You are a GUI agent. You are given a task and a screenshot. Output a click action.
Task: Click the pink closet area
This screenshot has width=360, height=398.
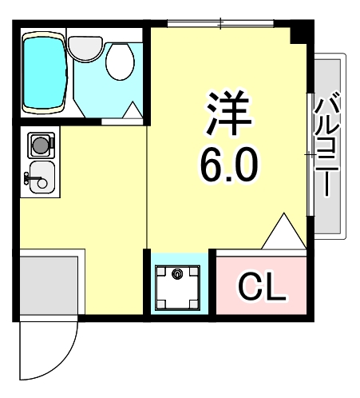(261, 285)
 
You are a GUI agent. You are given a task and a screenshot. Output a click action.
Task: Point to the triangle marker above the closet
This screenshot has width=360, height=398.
(282, 233)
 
